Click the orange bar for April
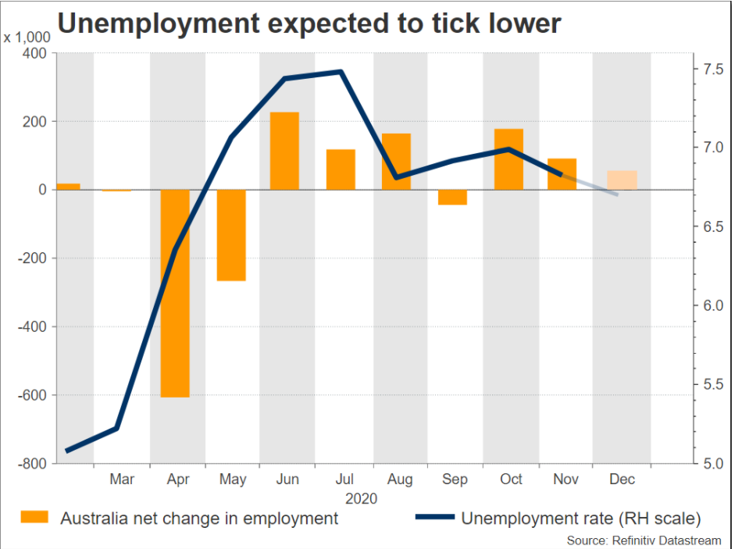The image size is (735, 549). [175, 293]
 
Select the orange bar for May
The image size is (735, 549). [231, 234]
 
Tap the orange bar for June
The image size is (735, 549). [284, 151]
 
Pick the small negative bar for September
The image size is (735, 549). [452, 197]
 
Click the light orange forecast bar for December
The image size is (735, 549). [622, 180]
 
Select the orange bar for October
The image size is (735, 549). [508, 159]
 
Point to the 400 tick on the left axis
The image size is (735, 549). [34, 53]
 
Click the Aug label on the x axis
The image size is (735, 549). [399, 479]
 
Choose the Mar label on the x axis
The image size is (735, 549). [122, 479]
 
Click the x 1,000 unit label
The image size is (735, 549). [27, 37]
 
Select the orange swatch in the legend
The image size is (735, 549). [36, 517]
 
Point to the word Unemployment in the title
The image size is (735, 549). [164, 23]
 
